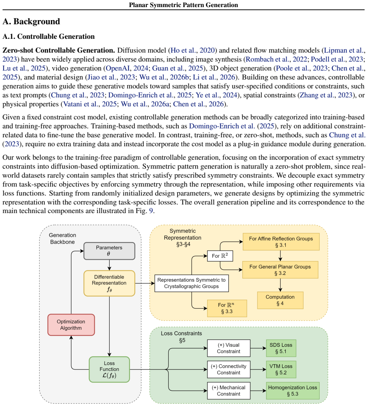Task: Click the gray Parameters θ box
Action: click(109, 251)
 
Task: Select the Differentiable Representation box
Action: click(109, 283)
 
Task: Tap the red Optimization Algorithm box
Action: click(71, 325)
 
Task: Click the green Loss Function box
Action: click(109, 369)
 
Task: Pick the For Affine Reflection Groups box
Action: click(281, 241)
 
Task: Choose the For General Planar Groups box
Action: click(280, 270)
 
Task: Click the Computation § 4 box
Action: click(280, 300)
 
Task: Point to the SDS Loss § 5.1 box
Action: click(281, 348)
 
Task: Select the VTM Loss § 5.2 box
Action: click(281, 369)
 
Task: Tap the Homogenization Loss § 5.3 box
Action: click(292, 391)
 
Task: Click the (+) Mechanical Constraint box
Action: click(229, 391)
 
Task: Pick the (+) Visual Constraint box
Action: click(229, 348)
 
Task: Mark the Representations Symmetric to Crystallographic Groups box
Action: click(191, 283)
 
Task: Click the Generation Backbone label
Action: click(63, 238)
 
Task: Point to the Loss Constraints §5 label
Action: click(181, 337)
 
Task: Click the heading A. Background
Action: click(31, 22)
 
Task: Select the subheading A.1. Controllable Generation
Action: click(48, 37)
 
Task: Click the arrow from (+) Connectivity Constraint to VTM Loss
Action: click(258, 369)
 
